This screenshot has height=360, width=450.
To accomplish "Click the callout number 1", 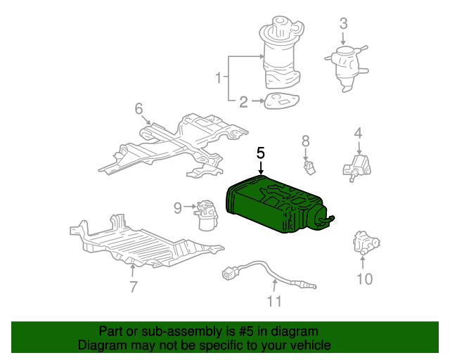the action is (x=219, y=77).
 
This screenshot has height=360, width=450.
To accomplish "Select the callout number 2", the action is (x=243, y=102).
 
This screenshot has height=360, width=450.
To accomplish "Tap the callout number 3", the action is (x=344, y=23).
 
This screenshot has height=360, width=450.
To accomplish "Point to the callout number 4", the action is (x=358, y=133).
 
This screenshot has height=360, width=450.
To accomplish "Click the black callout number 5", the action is (x=261, y=153).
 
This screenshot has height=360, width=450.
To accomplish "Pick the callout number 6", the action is (x=139, y=109).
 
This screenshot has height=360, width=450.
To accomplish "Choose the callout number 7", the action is (x=133, y=286).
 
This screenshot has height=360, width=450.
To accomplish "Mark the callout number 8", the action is (x=306, y=141).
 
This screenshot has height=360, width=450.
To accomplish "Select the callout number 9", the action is (x=178, y=207).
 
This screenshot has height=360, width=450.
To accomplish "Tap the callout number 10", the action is (x=364, y=278).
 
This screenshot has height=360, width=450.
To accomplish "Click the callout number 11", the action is (x=274, y=301).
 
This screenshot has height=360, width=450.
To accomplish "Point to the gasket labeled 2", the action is (x=281, y=101).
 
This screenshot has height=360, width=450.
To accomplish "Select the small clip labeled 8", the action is (x=310, y=167).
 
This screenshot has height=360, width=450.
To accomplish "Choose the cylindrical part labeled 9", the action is (x=205, y=215).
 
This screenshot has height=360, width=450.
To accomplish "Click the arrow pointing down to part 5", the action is (x=261, y=168).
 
